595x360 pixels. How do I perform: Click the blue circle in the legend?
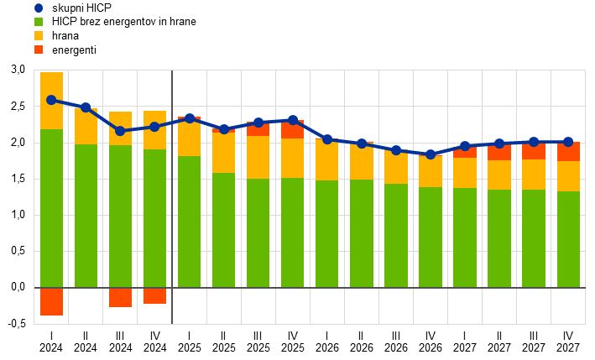pyautogui.click(x=39, y=8)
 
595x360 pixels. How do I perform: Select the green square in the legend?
pyautogui.click(x=39, y=22)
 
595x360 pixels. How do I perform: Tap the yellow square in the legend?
pyautogui.click(x=39, y=35)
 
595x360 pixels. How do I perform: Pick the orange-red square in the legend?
pyautogui.click(x=39, y=50)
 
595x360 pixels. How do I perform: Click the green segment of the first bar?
pyautogui.click(x=51, y=208)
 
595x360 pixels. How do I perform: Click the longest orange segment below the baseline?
pyautogui.click(x=51, y=301)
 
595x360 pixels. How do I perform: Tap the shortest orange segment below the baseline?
pyautogui.click(x=154, y=295)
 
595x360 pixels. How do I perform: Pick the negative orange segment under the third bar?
pyautogui.click(x=120, y=297)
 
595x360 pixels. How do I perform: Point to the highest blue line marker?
pyautogui.click(x=51, y=100)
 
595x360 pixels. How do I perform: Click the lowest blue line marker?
pyautogui.click(x=431, y=154)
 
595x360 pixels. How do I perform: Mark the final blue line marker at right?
pyautogui.click(x=568, y=142)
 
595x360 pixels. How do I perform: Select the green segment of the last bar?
pyautogui.click(x=568, y=239)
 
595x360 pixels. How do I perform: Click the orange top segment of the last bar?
pyautogui.click(x=568, y=152)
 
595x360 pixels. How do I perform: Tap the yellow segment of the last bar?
pyautogui.click(x=568, y=176)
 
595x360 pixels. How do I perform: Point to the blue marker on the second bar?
pyautogui.click(x=86, y=107)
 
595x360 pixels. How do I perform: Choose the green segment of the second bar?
pyautogui.click(x=86, y=216)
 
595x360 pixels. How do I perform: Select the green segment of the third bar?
pyautogui.click(x=120, y=216)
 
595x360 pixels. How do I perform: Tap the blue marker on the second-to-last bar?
pyautogui.click(x=534, y=142)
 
